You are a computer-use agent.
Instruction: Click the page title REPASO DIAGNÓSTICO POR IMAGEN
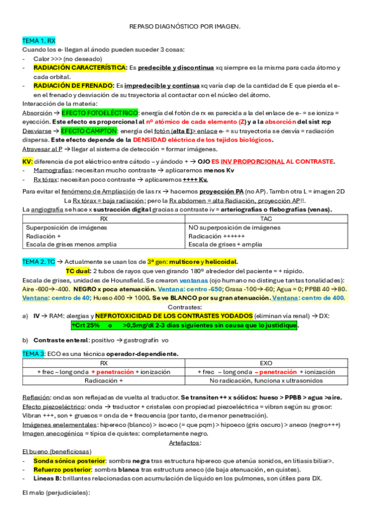185,27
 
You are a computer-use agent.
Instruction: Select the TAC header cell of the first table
266,219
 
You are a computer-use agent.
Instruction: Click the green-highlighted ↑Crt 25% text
85,325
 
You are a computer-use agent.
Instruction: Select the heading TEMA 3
33,353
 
